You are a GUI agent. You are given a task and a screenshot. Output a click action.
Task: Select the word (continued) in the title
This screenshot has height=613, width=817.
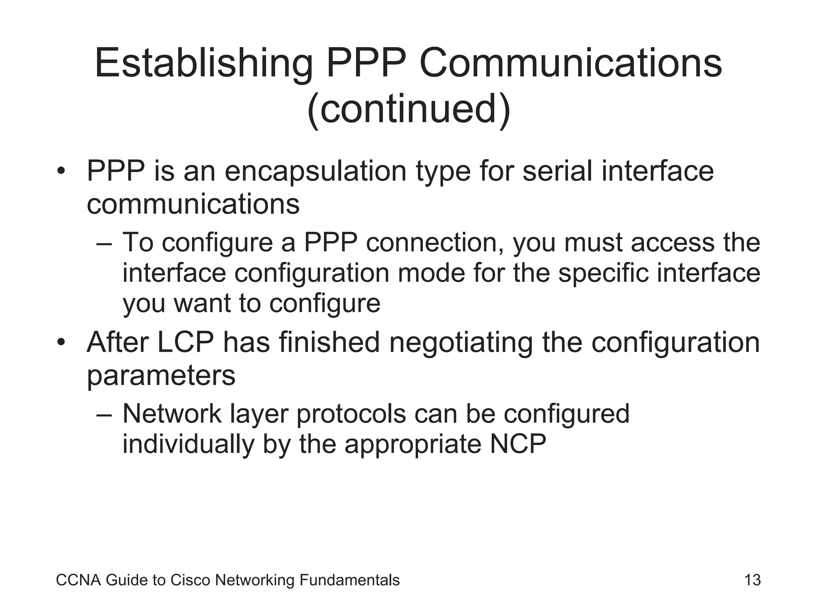pyautogui.click(x=408, y=109)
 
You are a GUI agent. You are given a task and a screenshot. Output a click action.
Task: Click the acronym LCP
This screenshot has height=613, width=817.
pyautogui.click(x=186, y=343)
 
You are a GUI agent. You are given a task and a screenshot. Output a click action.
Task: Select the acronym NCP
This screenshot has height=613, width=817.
pyautogui.click(x=518, y=444)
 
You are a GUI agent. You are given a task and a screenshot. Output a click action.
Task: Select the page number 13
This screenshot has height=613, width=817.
pyautogui.click(x=752, y=580)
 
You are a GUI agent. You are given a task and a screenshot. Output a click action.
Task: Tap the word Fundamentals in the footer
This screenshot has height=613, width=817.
pyautogui.click(x=349, y=580)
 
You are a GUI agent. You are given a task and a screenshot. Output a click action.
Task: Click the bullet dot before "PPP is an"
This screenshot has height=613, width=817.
pyautogui.click(x=61, y=172)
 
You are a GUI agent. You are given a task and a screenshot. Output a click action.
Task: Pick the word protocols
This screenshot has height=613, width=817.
pyautogui.click(x=351, y=415)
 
